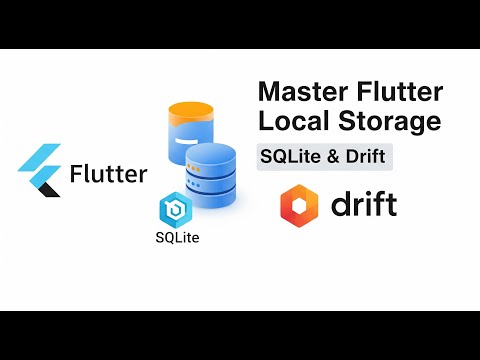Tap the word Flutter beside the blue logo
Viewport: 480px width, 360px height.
coord(108,175)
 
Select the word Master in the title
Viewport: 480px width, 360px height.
coord(301,93)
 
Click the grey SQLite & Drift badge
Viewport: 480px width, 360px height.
coord(322,157)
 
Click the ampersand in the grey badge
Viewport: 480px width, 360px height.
coord(328,157)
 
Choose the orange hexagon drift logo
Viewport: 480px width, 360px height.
coord(300,204)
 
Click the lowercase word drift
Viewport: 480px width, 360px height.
coord(362,204)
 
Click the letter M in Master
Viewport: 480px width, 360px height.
coord(269,93)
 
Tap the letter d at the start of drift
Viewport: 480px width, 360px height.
coord(338,204)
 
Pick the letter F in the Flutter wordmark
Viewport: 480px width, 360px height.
coord(77,175)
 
